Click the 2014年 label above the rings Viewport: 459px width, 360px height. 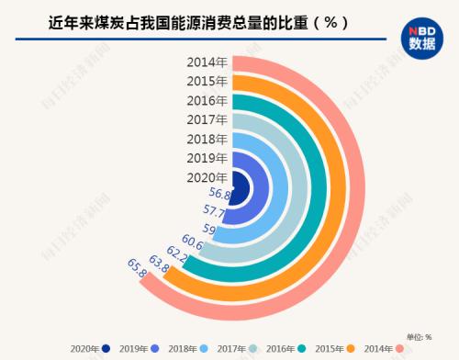207,62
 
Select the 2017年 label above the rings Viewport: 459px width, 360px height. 207,119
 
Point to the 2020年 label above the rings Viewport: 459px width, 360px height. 207,177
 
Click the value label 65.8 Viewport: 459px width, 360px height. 137,267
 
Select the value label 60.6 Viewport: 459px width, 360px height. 193,241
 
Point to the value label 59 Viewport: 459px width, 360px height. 209,229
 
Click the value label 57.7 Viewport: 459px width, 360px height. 213,211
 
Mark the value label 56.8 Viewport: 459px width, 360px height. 219,194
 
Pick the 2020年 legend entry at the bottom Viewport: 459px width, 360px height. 87,348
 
